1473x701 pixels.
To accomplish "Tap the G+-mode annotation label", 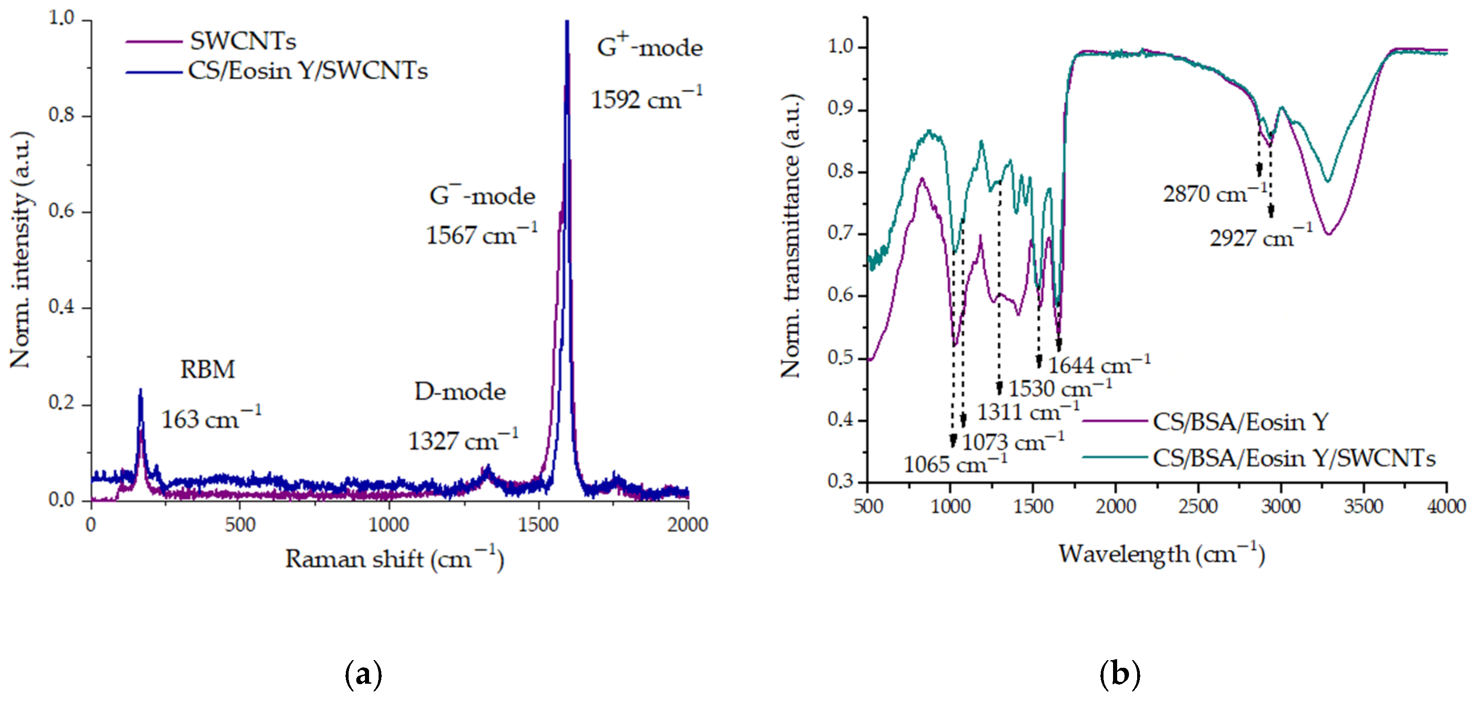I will pyautogui.click(x=649, y=47).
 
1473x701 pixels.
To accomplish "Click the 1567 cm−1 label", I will pyautogui.click(x=481, y=235).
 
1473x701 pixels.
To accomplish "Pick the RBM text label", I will pyautogui.click(x=208, y=370).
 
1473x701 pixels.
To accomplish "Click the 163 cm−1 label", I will pyautogui.click(x=211, y=420).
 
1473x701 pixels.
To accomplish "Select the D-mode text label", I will pyautogui.click(x=460, y=392).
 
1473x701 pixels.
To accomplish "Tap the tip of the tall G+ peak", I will pyautogui.click(x=567, y=23).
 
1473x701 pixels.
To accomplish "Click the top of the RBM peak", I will pyautogui.click(x=140, y=391).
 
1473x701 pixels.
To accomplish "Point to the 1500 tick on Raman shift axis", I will pyautogui.click(x=538, y=524).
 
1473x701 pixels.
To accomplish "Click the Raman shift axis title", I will pyautogui.click(x=394, y=559).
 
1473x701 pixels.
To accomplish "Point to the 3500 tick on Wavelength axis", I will pyautogui.click(x=1364, y=506).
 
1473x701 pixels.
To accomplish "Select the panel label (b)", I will pyautogui.click(x=1119, y=675).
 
